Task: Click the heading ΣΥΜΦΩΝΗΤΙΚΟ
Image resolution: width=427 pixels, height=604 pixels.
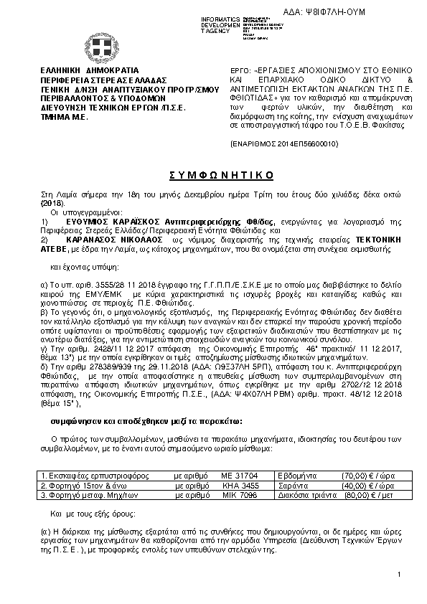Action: [x=212, y=176]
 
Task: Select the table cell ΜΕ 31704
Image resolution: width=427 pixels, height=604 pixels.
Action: [x=234, y=476]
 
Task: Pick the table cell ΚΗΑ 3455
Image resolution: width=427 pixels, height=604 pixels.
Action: [x=234, y=485]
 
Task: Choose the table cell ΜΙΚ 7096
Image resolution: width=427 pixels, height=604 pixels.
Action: [x=234, y=494]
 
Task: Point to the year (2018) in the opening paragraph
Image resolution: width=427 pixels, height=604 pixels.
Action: [x=53, y=204]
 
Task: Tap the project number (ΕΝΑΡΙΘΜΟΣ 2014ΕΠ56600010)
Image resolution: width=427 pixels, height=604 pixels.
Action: [x=276, y=143]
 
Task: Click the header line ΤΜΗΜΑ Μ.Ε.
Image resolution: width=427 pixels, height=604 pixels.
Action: [x=65, y=115]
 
